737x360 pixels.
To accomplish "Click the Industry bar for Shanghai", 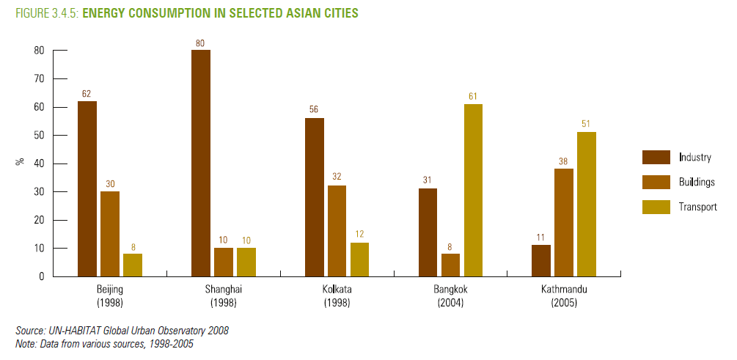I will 200,163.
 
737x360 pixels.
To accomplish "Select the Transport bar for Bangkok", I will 473,190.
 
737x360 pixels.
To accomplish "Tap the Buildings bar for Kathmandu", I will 564,222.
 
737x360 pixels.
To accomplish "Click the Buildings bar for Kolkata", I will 337,231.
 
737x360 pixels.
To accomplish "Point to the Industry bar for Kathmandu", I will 541,260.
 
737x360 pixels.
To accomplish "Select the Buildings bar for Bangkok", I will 450,265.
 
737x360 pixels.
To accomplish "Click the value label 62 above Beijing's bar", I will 87,94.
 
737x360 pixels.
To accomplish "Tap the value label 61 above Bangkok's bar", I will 473,97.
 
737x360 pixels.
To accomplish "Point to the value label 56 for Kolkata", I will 314,111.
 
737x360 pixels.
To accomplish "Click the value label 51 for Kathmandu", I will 587,125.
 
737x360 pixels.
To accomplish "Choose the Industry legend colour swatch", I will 656,157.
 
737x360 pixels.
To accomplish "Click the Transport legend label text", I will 697,207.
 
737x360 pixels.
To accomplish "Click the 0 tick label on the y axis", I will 42,276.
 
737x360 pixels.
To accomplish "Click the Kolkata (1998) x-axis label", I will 337,295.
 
